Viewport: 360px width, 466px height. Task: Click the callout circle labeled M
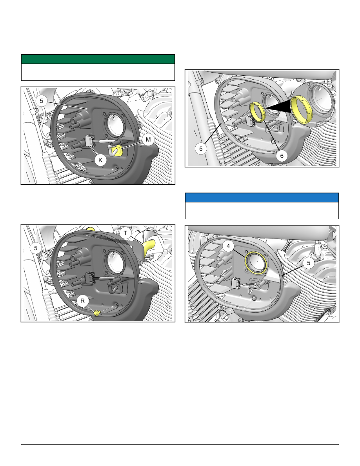point(148,139)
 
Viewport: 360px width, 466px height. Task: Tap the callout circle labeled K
point(100,160)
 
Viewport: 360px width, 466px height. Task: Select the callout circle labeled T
point(125,233)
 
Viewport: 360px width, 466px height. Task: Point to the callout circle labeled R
point(83,301)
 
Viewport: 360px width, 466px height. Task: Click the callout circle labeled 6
point(282,156)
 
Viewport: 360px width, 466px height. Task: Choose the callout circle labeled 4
point(228,246)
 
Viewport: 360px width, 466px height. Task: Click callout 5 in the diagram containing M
point(42,101)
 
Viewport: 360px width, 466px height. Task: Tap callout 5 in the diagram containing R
point(36,248)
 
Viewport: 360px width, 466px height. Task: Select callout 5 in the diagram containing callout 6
point(201,148)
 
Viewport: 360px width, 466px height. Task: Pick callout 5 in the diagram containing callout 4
point(309,263)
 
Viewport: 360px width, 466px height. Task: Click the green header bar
point(98,59)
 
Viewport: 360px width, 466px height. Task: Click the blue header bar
point(262,198)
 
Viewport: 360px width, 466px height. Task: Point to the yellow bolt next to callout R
point(96,313)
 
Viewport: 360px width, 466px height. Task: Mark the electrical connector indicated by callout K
point(90,140)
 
